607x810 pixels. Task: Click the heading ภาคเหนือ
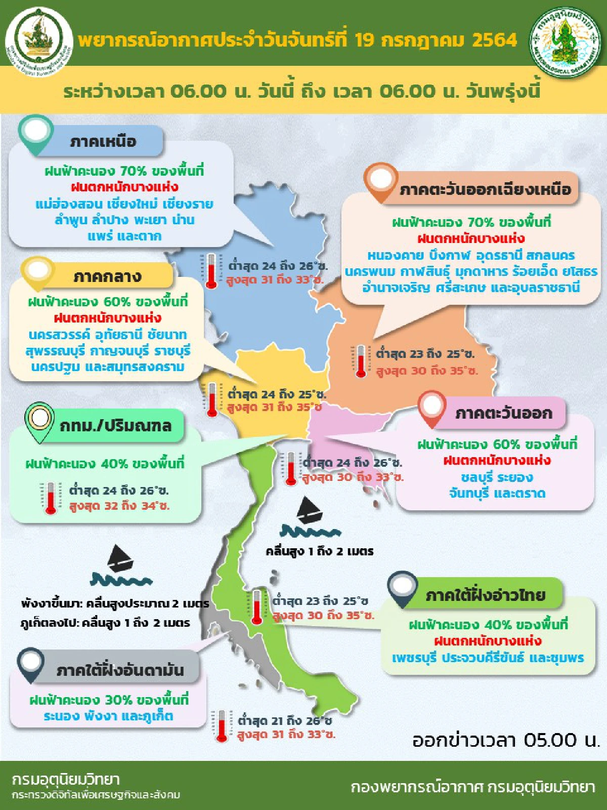103,141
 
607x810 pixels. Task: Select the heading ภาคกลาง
107,276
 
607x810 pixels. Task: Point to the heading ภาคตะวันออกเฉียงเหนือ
485,190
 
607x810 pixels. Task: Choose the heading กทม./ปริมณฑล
116,426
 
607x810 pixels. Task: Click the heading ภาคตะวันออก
503,413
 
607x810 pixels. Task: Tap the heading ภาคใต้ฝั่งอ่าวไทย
485,595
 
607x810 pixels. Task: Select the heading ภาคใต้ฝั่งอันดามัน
120,670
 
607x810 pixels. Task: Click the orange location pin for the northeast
380,181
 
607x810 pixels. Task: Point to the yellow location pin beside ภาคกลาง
38,272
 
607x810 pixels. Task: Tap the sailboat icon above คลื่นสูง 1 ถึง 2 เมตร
309,511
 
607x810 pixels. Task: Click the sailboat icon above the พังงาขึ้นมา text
120,559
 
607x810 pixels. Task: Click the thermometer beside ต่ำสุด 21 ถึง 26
222,726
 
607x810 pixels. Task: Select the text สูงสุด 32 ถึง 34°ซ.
119,506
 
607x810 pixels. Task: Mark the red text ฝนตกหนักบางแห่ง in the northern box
124,187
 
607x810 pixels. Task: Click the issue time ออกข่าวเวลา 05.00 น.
505,740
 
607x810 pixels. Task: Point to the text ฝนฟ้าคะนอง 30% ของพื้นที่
109,700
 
